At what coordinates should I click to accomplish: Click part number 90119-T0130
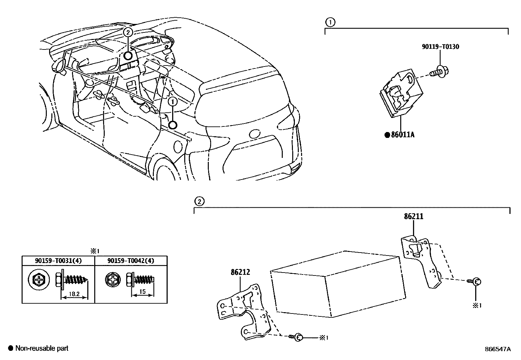point(440,47)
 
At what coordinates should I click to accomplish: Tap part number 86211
point(413,216)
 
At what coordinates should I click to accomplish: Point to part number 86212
point(240,272)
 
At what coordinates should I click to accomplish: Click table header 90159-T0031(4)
point(58,260)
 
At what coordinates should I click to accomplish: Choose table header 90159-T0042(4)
point(131,260)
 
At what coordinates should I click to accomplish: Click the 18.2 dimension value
point(75,294)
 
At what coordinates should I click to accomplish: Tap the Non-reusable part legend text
point(42,348)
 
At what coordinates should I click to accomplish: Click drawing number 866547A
point(497,349)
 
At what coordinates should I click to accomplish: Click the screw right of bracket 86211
point(475,281)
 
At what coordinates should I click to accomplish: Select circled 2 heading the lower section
point(199,201)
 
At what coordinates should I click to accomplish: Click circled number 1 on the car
point(172,102)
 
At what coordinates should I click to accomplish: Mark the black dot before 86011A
point(387,135)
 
